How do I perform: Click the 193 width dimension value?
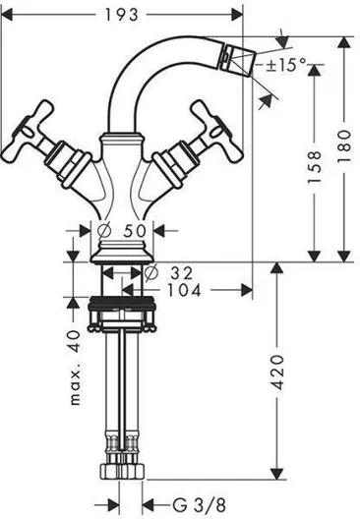[121, 15]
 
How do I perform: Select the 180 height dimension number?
[344, 145]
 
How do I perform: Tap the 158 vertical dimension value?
[315, 167]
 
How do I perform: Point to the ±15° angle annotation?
[286, 65]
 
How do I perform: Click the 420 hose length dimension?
[277, 372]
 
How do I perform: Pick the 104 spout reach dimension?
[184, 291]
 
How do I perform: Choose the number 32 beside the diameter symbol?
[182, 273]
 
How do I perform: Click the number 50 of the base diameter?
[135, 231]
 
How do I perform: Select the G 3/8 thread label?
[199, 505]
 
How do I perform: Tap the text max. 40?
[76, 368]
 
